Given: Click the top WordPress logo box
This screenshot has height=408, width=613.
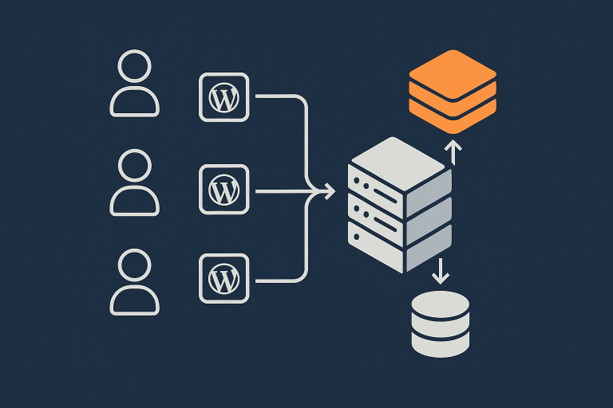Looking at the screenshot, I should (223, 97).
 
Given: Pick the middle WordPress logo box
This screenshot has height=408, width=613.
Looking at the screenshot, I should (223, 189).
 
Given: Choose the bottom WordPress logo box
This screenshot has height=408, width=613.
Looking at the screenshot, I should (223, 278).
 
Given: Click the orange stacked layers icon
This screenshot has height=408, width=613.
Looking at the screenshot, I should (453, 91).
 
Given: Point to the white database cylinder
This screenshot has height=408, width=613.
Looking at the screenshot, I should (441, 324).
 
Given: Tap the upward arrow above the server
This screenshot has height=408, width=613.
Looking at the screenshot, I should (453, 151).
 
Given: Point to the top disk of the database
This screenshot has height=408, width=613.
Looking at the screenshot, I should (441, 304).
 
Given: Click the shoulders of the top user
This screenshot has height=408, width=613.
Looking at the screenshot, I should (135, 102).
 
